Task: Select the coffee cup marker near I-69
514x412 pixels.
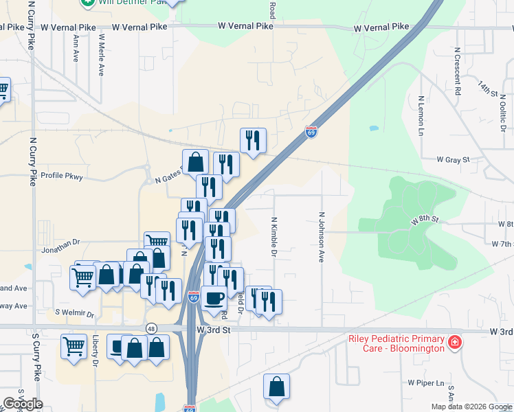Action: click(x=214, y=298)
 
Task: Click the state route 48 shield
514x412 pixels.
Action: click(x=150, y=329)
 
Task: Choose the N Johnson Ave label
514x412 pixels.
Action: click(x=321, y=237)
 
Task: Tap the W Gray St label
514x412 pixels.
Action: click(x=453, y=159)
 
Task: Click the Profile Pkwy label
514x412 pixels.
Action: click(x=61, y=175)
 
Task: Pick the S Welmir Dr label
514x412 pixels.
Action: click(x=75, y=314)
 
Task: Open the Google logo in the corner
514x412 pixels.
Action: click(x=22, y=404)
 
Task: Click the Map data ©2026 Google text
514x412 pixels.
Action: click(x=471, y=407)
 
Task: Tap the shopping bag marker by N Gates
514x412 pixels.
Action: click(x=196, y=162)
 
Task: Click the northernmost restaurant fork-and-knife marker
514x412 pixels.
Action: click(x=253, y=140)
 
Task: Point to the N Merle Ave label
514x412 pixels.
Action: click(x=101, y=54)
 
